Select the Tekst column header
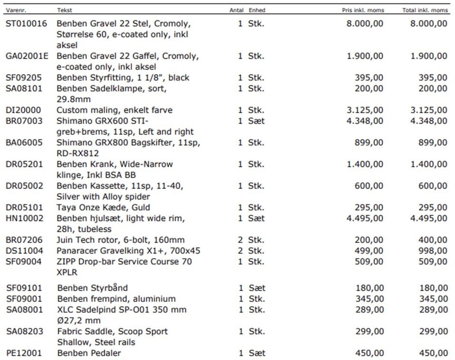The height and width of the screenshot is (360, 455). pyautogui.click(x=64, y=10)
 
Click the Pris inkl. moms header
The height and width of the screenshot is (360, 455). pyautogui.click(x=363, y=10)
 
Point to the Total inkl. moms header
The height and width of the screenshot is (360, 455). pyautogui.click(x=425, y=10)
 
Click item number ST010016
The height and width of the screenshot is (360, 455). pyautogui.click(x=27, y=24)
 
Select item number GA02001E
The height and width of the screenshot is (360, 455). pyautogui.click(x=27, y=56)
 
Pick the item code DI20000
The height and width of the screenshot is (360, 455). pyautogui.click(x=23, y=111)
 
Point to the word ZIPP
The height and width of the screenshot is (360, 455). pyautogui.click(x=66, y=262)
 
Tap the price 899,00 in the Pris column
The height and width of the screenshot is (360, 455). pyautogui.click(x=369, y=143)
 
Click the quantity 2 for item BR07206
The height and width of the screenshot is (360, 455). pyautogui.click(x=240, y=240)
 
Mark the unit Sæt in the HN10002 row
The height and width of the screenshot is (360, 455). pyautogui.click(x=256, y=219)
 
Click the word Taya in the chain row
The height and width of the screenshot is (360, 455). pyautogui.click(x=66, y=208)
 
